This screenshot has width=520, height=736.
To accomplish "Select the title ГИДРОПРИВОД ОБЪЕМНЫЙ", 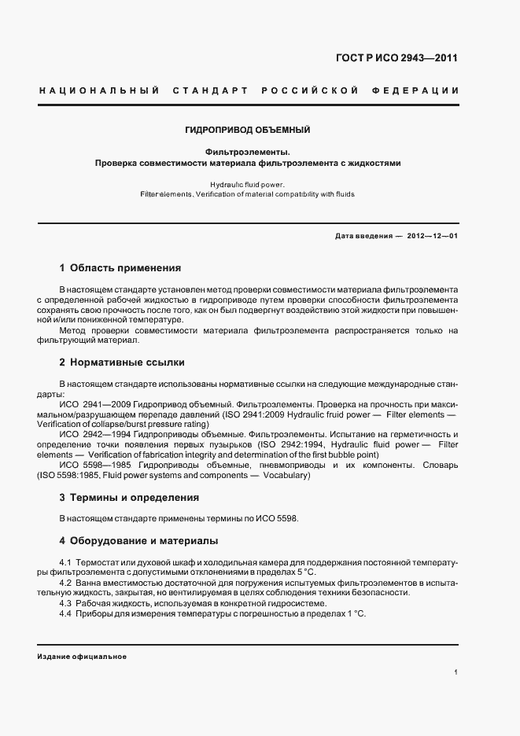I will coord(248,129).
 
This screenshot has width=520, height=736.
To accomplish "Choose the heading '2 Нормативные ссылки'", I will coord(122,362).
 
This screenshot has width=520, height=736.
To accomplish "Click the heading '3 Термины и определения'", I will coord(129,498).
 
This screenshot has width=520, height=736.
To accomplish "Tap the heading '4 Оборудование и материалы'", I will coord(138,541).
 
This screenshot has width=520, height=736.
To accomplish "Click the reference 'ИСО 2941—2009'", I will coord(95,403).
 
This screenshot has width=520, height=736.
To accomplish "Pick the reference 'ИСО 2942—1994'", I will coord(95,435).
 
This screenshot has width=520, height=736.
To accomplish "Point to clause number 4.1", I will coord(66,563).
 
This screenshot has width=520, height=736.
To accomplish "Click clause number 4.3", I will coord(66,602).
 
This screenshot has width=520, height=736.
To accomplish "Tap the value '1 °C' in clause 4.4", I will coord(356,613).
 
